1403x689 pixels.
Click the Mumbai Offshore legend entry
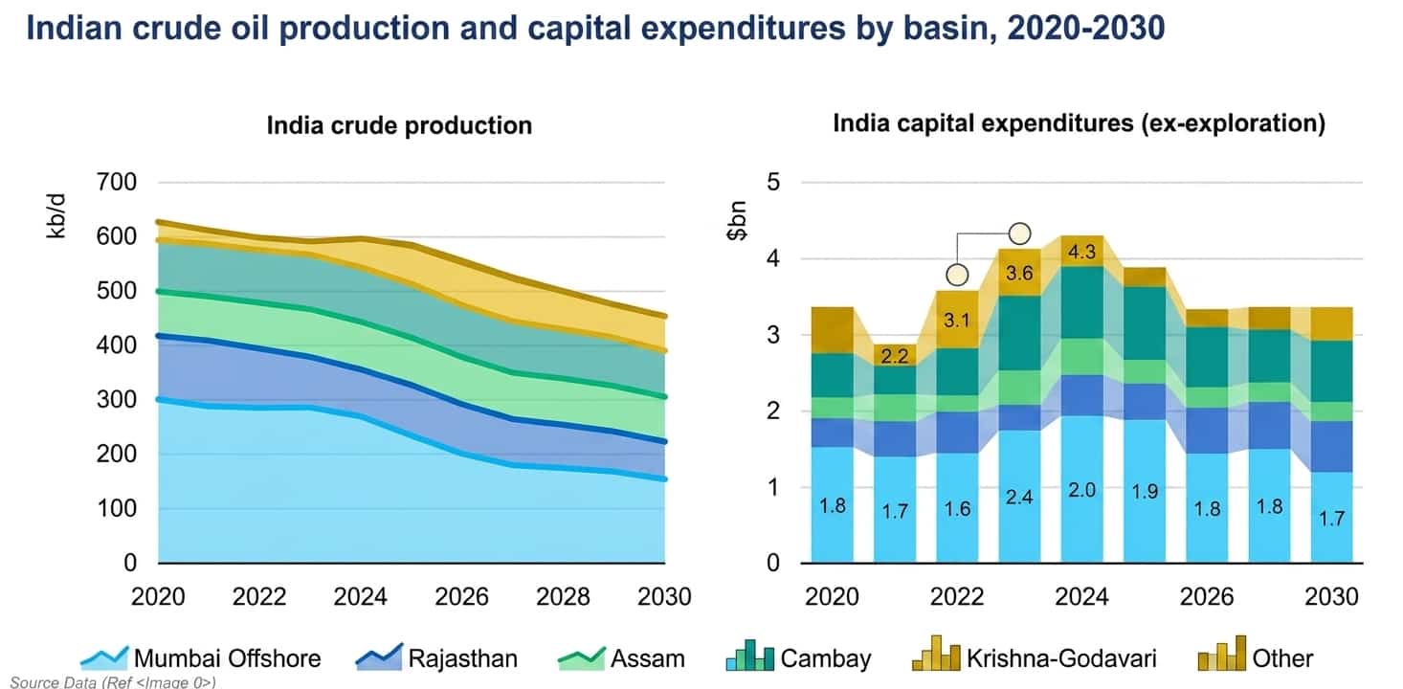[x=201, y=657]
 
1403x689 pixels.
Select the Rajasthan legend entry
[x=436, y=657]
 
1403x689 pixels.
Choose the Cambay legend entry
[x=798, y=656]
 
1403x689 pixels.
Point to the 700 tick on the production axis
[x=117, y=182]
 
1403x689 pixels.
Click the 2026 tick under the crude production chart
[x=461, y=596]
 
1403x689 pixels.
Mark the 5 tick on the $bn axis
[x=773, y=182]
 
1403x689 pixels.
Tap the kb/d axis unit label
[x=56, y=216]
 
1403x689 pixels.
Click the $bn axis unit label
[x=737, y=221]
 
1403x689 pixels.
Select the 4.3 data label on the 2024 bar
[x=1081, y=252]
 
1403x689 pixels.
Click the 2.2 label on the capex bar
[x=895, y=356]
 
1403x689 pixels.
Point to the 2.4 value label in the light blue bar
[x=1019, y=497]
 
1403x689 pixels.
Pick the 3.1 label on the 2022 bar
[x=956, y=320]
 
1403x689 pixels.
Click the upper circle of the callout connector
[x=1019, y=233]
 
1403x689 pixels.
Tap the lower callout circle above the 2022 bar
[x=957, y=275]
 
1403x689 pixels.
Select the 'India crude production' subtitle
[x=400, y=125]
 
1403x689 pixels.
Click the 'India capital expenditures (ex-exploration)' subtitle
[x=1080, y=123]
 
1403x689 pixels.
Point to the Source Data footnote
[x=113, y=682]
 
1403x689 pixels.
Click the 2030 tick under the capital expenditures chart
[x=1331, y=596]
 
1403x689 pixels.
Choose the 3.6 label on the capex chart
[x=1019, y=273]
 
